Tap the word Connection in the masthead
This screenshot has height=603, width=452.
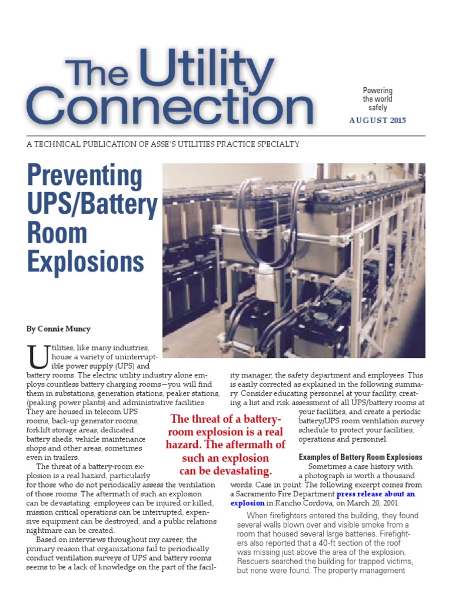(169, 108)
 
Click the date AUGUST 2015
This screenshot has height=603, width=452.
(377, 121)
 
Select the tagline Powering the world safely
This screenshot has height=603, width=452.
(378, 98)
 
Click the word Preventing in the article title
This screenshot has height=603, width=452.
(85, 177)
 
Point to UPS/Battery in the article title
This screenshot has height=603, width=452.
(92, 204)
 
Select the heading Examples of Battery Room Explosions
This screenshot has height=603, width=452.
(360, 457)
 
